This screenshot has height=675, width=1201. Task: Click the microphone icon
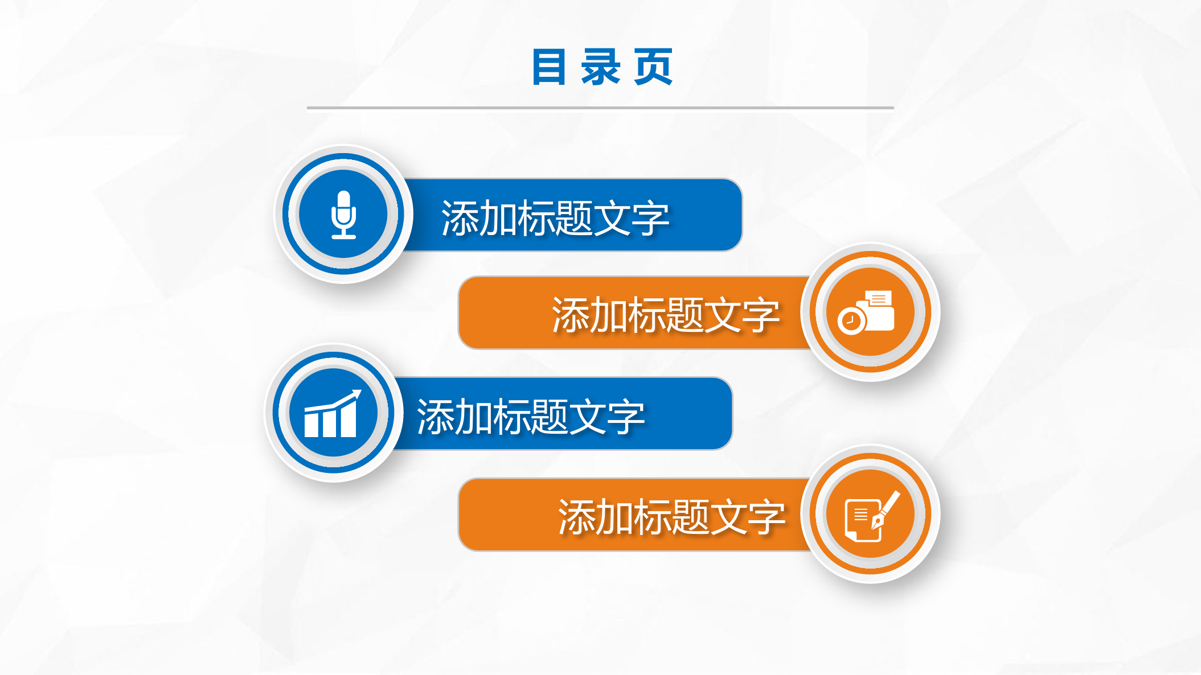click(343, 215)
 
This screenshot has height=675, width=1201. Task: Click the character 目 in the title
click(549, 67)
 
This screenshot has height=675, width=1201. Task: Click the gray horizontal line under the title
click(600, 108)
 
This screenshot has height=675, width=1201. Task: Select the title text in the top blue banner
click(555, 219)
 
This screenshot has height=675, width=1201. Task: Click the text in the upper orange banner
click(665, 315)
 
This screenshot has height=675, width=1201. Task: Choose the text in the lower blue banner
click(531, 417)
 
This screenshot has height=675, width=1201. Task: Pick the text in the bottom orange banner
click(671, 517)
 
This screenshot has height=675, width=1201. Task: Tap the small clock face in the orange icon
click(851, 322)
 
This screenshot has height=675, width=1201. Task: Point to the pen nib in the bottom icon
click(877, 521)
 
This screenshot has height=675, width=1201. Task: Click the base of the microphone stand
click(343, 236)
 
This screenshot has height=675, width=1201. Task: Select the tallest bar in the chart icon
click(349, 418)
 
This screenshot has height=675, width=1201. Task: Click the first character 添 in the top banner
click(460, 219)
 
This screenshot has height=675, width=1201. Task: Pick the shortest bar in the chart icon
click(311, 425)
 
